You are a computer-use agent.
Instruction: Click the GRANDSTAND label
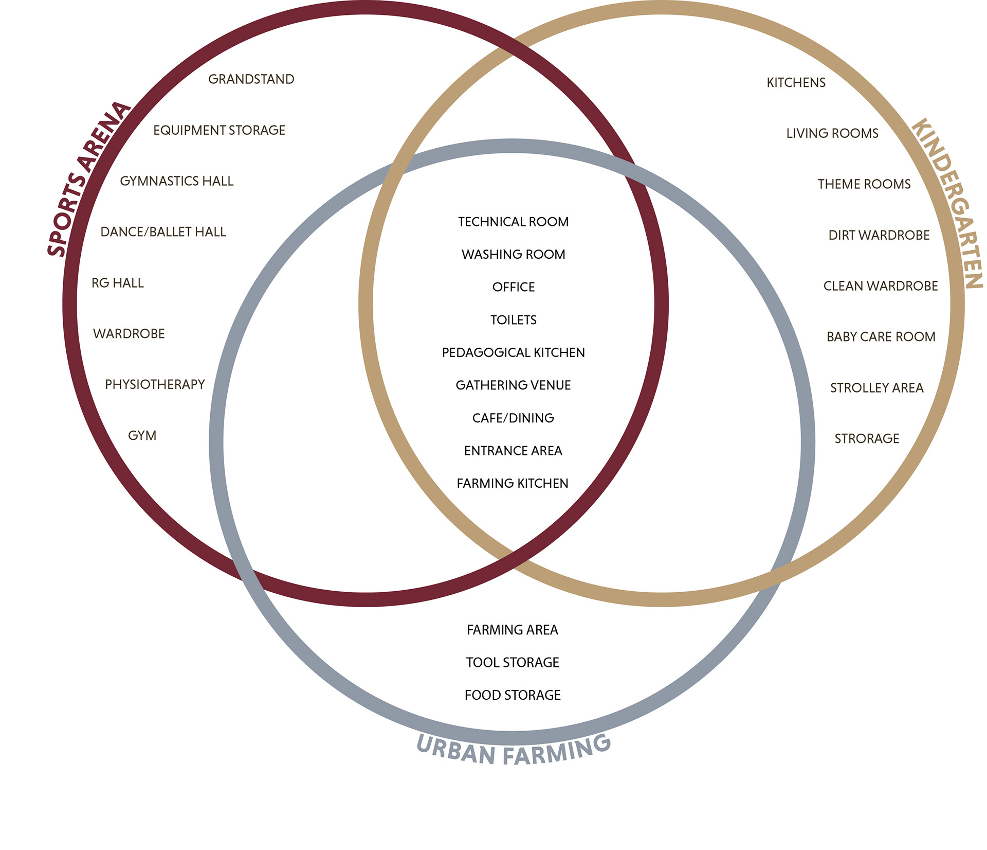click(251, 79)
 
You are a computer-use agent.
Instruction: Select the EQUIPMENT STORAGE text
click(219, 130)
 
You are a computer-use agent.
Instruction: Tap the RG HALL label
click(117, 283)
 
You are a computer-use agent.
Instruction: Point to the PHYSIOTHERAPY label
click(155, 384)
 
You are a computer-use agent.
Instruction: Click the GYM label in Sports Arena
click(142, 435)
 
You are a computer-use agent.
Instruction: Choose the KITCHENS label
click(796, 82)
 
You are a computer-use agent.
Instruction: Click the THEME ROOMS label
click(864, 184)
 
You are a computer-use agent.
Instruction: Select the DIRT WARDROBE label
click(879, 235)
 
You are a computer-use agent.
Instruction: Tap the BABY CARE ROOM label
click(881, 337)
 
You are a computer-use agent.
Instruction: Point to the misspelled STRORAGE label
click(867, 438)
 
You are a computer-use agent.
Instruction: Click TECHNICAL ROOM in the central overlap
click(513, 222)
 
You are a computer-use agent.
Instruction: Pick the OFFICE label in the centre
click(513, 287)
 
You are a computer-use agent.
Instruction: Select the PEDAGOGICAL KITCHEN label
click(513, 352)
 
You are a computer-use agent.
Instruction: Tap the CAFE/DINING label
click(513, 418)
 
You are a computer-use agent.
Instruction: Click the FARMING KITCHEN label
click(513, 483)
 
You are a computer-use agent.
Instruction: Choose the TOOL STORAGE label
click(513, 662)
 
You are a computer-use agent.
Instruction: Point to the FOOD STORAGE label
click(513, 695)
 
